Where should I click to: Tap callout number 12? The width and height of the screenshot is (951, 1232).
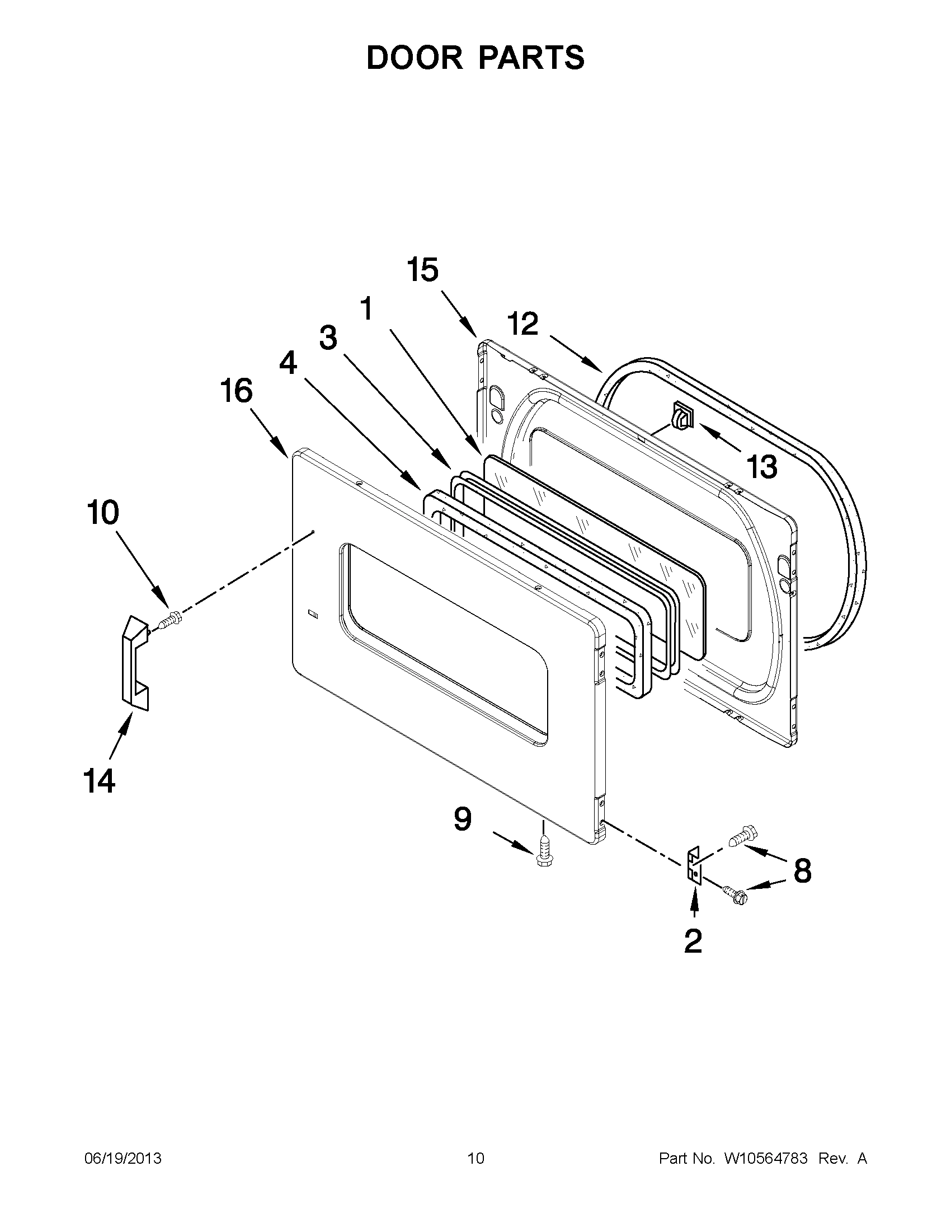pos(522,324)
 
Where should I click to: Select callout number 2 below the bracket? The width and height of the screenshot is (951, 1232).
pos(693,940)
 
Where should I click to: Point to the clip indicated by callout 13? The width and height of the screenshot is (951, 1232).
pos(681,418)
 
